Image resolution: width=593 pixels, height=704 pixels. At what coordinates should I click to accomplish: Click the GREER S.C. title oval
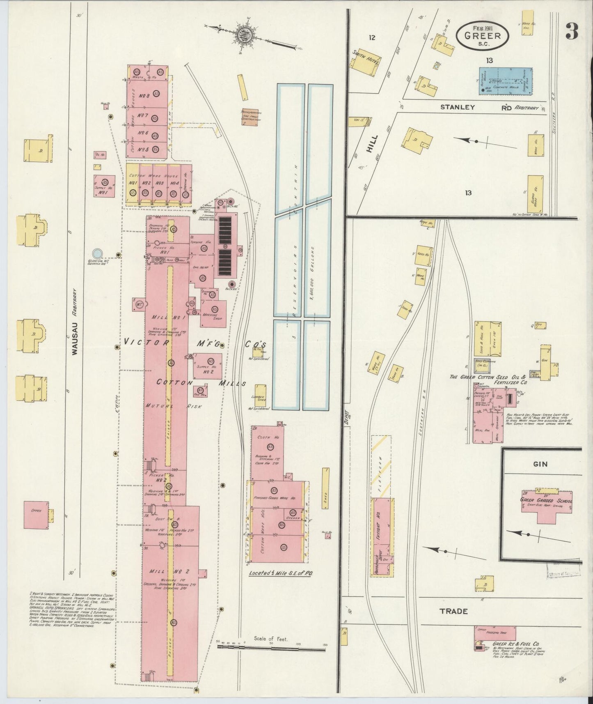pos(483,35)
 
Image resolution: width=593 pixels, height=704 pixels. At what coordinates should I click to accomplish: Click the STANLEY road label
pos(458,107)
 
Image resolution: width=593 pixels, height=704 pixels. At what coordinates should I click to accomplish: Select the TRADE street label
pos(453,611)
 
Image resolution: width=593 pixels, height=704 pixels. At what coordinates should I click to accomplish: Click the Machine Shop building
pos(213,313)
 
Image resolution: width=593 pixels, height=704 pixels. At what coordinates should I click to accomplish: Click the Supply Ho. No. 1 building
pos(104,186)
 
